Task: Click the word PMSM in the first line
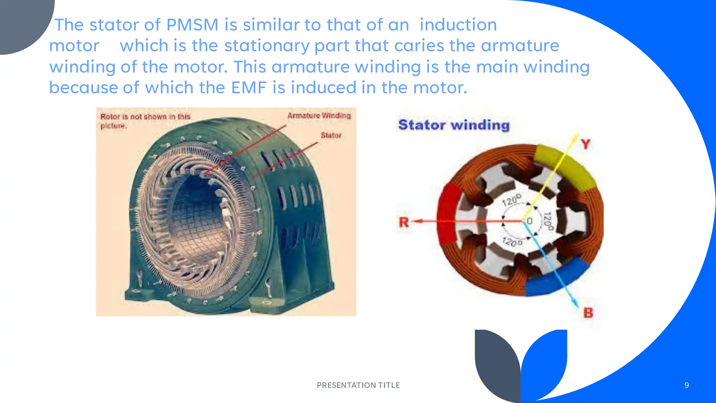192,25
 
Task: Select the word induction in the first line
458,25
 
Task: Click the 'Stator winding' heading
454,125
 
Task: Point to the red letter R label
404,222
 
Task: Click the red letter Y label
586,144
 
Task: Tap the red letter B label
588,312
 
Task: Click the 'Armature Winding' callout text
319,116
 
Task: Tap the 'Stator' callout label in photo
331,135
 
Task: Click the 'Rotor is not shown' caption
145,121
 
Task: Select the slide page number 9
687,385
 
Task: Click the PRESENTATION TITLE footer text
358,385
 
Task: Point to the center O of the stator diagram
529,221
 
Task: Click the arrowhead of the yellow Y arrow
575,137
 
